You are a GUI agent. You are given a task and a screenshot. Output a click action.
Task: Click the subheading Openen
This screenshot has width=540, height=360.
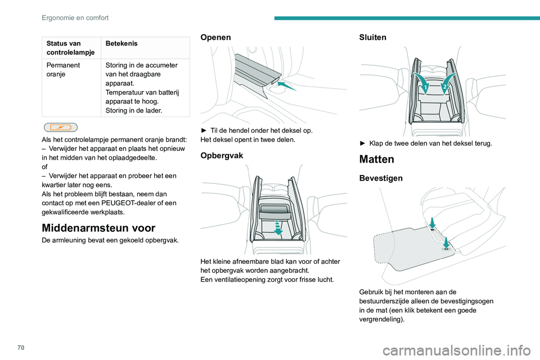point(215,37)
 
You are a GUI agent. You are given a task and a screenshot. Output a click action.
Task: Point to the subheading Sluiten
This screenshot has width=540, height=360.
point(372,37)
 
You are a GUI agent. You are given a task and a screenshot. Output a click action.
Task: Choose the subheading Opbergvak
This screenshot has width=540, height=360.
point(222,155)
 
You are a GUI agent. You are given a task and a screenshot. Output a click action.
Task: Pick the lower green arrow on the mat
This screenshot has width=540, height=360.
point(445,242)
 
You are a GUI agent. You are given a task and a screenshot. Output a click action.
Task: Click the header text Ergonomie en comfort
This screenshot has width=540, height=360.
point(75,17)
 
